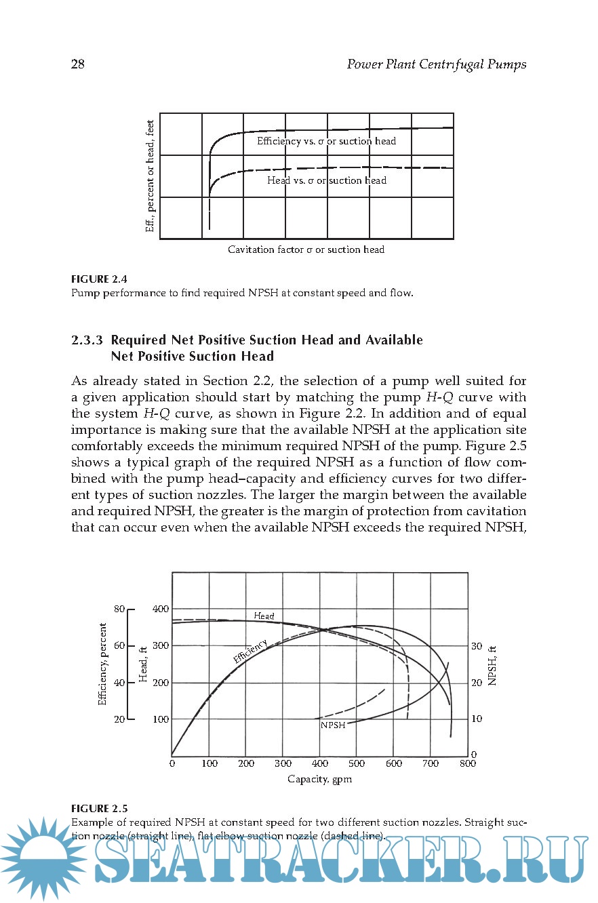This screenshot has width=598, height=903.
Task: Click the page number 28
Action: [x=77, y=64]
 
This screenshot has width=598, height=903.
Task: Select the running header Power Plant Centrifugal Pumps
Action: [x=436, y=64]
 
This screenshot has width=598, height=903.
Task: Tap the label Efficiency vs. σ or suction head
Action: [x=326, y=141]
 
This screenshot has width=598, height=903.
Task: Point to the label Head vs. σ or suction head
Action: [x=326, y=180]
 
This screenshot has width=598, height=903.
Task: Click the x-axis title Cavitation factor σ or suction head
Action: [x=306, y=249]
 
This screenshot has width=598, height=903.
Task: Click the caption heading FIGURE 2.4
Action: [x=99, y=279]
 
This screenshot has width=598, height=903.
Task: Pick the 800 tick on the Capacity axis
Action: [x=466, y=763]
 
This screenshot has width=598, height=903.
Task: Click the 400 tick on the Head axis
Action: [x=161, y=609]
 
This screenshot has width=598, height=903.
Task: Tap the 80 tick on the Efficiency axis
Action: [x=119, y=609]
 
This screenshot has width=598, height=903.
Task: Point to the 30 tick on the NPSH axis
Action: [x=477, y=646]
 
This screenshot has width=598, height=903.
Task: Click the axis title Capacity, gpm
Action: [x=319, y=779]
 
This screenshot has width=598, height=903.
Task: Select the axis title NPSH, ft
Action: [x=494, y=664]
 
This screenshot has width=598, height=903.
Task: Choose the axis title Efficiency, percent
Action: [x=103, y=664]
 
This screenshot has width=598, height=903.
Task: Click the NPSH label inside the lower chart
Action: [x=333, y=725]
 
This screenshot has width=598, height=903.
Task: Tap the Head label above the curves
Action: [x=264, y=616]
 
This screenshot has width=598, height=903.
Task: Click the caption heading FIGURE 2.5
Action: [x=99, y=808]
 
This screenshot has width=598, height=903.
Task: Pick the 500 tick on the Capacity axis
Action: [x=356, y=763]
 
